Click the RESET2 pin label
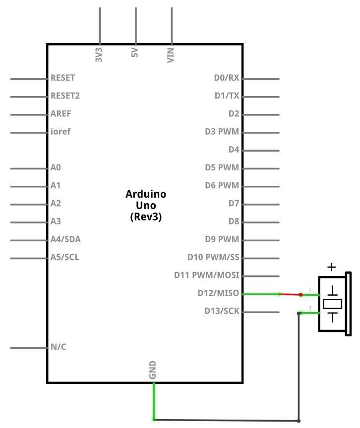[65, 96]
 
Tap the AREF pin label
[60, 113]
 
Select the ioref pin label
[60, 131]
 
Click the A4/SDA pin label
[65, 239]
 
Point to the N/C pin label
[59, 347]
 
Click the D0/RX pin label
[227, 78]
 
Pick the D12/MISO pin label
[218, 293]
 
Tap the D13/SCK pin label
[222, 311]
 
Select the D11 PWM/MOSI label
[206, 275]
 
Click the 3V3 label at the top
[99, 55]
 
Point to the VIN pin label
[171, 55]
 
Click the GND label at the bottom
[152, 370]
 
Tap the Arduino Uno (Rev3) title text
[146, 205]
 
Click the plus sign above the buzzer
[332, 267]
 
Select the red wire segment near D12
[290, 294]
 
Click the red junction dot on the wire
[300, 295]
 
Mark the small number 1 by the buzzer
[310, 290]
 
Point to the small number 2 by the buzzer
[310, 308]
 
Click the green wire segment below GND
[154, 401]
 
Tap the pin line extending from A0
[29, 168]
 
